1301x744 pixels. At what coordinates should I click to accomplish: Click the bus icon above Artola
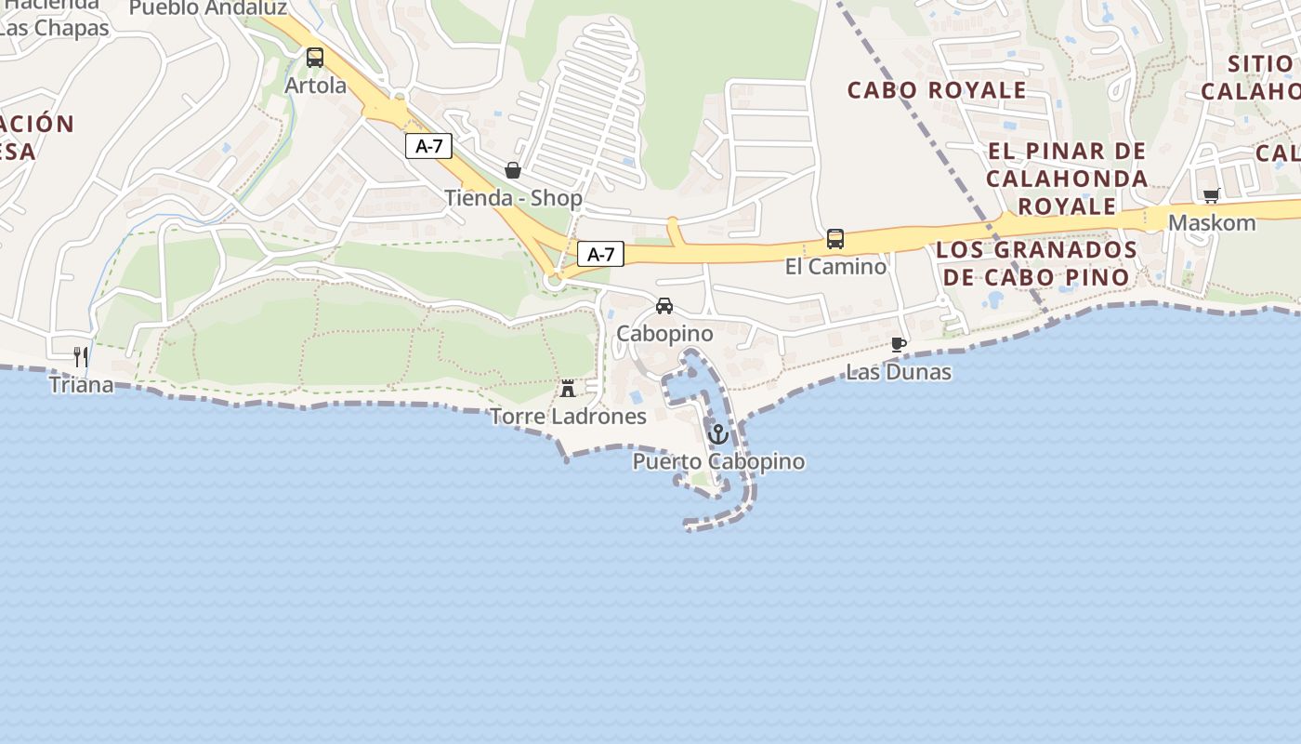click(x=315, y=58)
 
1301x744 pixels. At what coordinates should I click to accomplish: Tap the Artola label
click(x=315, y=86)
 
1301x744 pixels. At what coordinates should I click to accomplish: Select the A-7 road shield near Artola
click(x=428, y=146)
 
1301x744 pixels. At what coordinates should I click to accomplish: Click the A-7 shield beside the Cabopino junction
click(x=600, y=254)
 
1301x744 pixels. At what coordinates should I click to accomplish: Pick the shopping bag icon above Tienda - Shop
click(x=512, y=170)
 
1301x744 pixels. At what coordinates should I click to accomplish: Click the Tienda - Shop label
click(x=513, y=198)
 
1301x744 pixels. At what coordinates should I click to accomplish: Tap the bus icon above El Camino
click(x=835, y=239)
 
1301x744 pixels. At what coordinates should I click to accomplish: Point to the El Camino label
click(x=835, y=267)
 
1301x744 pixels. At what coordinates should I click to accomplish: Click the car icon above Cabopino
click(x=664, y=306)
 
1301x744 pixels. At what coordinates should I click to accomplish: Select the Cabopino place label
click(x=664, y=334)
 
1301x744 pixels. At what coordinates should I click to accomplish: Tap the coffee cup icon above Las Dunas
click(x=899, y=345)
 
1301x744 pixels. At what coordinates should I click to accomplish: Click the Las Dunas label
click(x=899, y=372)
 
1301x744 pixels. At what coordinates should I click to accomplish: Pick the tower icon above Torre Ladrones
click(x=568, y=389)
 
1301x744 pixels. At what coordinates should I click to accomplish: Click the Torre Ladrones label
click(x=568, y=416)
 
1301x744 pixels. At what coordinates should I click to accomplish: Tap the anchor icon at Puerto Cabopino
click(x=717, y=434)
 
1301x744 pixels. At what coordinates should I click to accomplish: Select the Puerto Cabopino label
click(x=718, y=461)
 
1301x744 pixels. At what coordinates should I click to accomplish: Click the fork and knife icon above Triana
click(x=81, y=357)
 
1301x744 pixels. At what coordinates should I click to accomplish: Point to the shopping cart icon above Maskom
click(x=1211, y=195)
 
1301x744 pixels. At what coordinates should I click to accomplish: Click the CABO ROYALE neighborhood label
click(x=937, y=90)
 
